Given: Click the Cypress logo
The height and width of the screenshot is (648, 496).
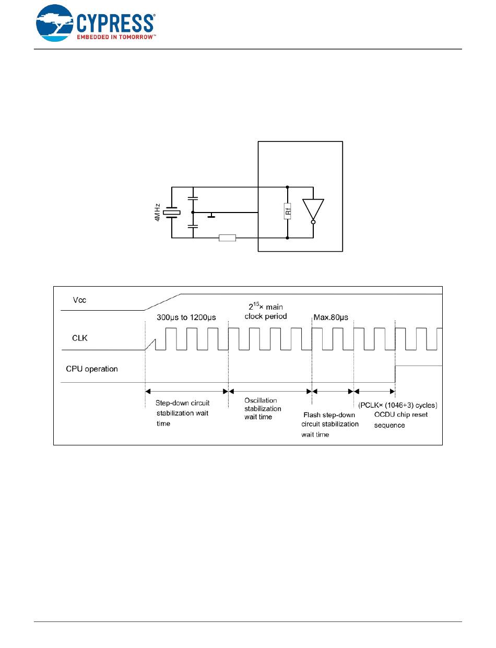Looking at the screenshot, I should (95, 23).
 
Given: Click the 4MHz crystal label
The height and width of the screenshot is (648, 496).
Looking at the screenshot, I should (157, 213).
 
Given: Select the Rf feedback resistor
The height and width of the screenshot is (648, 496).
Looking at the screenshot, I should (288, 213).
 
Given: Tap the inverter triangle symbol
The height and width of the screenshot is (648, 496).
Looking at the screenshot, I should (313, 210).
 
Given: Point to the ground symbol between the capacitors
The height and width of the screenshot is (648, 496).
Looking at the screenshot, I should (211, 215).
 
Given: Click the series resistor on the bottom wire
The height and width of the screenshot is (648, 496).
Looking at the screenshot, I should (227, 238).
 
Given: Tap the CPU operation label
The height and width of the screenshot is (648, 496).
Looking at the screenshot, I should (92, 369).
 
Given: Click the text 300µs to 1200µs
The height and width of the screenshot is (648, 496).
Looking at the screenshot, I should (186, 316).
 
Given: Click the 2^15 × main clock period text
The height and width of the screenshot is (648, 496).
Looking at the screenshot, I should (266, 311).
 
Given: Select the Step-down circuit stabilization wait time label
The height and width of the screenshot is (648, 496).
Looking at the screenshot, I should (183, 413).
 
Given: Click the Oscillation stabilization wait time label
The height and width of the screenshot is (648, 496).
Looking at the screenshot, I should (263, 408).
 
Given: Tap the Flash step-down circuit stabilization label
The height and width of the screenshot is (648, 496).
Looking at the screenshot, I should (329, 424).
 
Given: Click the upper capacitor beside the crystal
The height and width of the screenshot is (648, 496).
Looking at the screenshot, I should (193, 199).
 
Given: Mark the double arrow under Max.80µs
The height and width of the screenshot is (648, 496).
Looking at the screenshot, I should (333, 391).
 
